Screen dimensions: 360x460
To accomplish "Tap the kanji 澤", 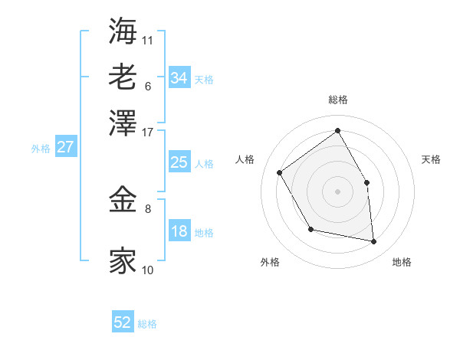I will (x=123, y=122).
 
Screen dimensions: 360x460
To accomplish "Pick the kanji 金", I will (x=123, y=201).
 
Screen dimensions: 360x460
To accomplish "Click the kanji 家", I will (x=123, y=260).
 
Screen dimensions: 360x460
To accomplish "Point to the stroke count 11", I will (x=148, y=39).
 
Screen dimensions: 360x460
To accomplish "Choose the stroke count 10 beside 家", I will (x=148, y=270).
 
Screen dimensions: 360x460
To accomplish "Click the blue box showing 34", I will (x=179, y=78).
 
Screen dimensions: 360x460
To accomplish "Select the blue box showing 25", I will (x=179, y=162).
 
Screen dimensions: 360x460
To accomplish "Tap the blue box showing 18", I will (x=179, y=231).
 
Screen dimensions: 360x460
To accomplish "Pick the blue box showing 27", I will (x=65, y=147).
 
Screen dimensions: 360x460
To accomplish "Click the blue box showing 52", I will (x=123, y=322).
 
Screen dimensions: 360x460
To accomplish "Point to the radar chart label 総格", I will (x=337, y=100).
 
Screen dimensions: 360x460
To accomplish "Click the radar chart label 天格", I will (x=432, y=159).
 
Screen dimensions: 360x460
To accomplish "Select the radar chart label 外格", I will (x=270, y=262).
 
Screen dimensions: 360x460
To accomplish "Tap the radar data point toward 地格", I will (x=374, y=242).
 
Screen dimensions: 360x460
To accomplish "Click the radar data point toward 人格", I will (x=280, y=172).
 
